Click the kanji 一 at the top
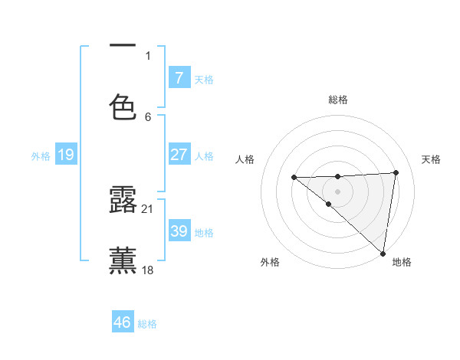tap(123, 46)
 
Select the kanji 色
tap(123, 107)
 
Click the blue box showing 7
tap(179, 78)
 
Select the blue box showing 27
tap(179, 155)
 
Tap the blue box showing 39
tap(179, 231)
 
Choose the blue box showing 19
tap(66, 155)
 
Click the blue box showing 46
tap(123, 322)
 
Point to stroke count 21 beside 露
tap(148, 208)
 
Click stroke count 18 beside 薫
tap(148, 270)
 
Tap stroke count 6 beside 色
tap(148, 116)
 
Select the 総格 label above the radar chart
tap(338, 100)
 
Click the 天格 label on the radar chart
tap(432, 159)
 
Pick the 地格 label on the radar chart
tap(402, 262)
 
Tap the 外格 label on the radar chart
tap(270, 262)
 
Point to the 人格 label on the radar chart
tap(245, 159)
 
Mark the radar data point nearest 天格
tap(396, 173)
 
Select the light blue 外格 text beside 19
tap(41, 156)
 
